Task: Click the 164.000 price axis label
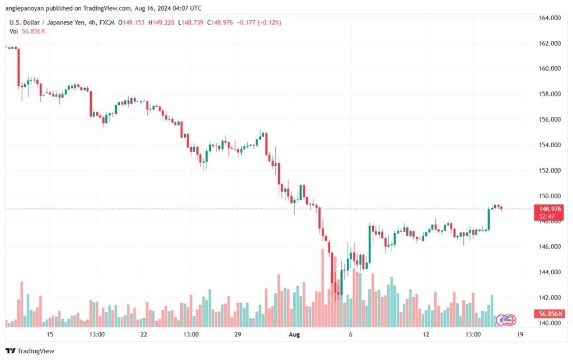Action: click(x=549, y=18)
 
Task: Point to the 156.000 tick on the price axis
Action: click(x=549, y=119)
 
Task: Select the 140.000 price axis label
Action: click(x=549, y=323)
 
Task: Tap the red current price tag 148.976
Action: click(x=549, y=209)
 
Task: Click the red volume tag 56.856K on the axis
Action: click(x=549, y=314)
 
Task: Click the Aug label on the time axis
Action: click(x=294, y=334)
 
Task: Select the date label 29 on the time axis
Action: click(x=238, y=334)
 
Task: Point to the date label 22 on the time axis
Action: click(x=144, y=334)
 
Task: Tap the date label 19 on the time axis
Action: click(x=520, y=334)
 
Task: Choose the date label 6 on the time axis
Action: click(x=350, y=334)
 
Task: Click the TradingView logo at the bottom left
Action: click(x=30, y=351)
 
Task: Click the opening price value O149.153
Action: click(x=131, y=22)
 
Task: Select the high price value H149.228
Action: click(x=161, y=22)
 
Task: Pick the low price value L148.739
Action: click(x=191, y=22)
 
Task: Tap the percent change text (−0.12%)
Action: click(x=269, y=22)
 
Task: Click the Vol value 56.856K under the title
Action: click(x=34, y=31)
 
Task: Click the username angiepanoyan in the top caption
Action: click(x=25, y=8)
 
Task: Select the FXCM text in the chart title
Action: click(x=107, y=22)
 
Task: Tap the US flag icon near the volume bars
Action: click(x=508, y=320)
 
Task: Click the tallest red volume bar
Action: click(x=323, y=288)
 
